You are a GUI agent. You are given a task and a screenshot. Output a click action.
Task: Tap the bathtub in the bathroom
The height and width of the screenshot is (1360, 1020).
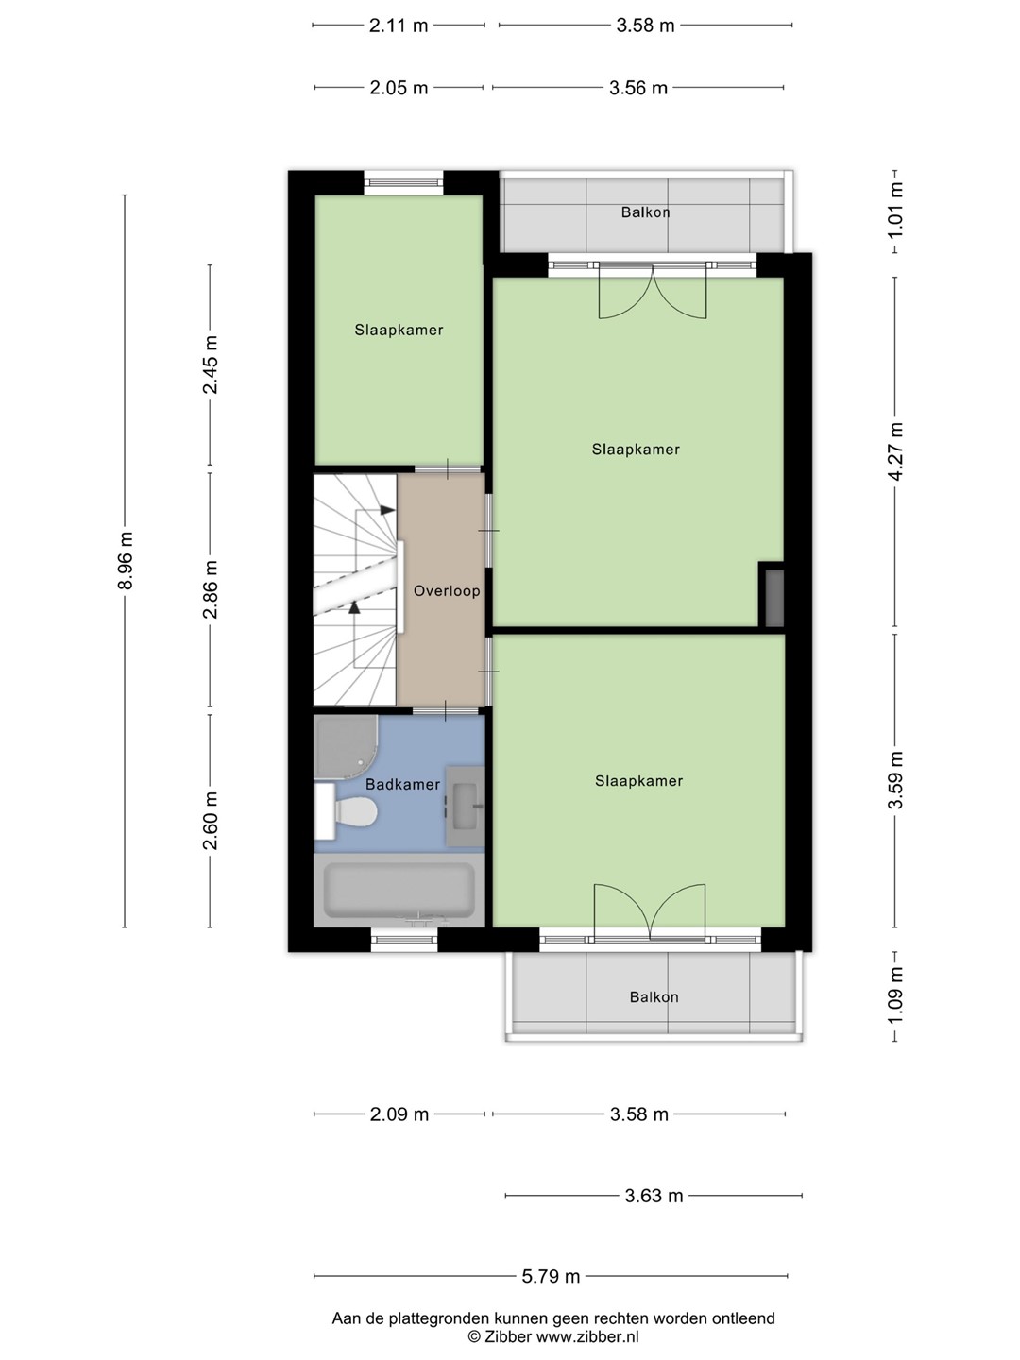(x=399, y=890)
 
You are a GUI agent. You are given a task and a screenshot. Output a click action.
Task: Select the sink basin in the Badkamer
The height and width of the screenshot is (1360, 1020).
(x=465, y=806)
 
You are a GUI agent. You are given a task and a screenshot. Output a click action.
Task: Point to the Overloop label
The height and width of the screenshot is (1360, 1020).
(x=447, y=591)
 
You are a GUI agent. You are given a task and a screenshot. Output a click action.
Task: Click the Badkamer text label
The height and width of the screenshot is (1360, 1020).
(x=402, y=785)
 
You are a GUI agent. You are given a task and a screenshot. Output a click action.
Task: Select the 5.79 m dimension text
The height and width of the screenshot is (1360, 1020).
(x=551, y=1276)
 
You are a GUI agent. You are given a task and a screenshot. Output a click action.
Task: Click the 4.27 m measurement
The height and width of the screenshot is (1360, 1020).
(x=895, y=450)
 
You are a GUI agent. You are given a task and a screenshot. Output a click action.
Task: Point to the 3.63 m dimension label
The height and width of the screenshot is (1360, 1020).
(x=654, y=1196)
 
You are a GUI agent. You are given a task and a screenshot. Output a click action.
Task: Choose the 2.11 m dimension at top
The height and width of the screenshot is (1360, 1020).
(x=399, y=25)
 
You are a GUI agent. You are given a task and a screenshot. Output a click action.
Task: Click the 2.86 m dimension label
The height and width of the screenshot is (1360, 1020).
(x=211, y=589)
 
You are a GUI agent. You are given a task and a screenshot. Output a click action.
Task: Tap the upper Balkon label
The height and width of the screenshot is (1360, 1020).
(x=645, y=212)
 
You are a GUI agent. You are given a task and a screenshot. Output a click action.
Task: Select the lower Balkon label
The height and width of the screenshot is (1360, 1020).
(x=654, y=997)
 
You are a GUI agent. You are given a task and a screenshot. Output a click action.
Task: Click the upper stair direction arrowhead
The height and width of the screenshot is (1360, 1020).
(x=387, y=510)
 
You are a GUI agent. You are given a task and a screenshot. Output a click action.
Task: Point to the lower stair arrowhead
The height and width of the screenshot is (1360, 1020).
(x=354, y=607)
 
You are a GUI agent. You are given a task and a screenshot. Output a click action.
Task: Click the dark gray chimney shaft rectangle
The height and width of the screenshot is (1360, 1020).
(x=774, y=598)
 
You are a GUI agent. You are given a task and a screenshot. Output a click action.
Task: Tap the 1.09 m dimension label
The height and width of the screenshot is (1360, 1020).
(x=895, y=996)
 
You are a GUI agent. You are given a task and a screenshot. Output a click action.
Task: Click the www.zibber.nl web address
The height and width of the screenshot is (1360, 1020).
(x=587, y=1337)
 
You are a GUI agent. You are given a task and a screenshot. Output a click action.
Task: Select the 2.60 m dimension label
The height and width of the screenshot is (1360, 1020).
(x=211, y=821)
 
